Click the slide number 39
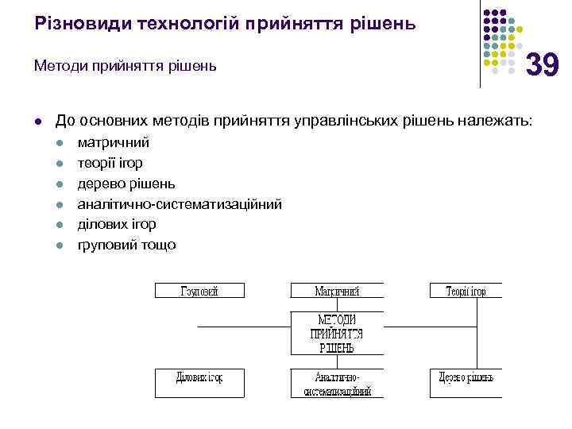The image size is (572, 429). coord(543,64)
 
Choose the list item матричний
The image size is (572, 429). coord(113,143)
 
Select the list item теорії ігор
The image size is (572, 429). coord(110,163)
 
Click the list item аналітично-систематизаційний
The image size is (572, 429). coord(179,204)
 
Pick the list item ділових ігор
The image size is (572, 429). coord(116,224)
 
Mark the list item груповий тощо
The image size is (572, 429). coord(126,245)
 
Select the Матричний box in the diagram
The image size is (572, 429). coord(337,291)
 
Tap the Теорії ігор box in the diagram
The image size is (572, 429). coord(466,291)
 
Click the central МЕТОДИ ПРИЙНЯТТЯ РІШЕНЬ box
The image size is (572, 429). coord(337,333)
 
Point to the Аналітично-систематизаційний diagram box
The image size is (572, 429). coord(337,383)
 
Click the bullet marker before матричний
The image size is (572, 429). coord(60,144)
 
